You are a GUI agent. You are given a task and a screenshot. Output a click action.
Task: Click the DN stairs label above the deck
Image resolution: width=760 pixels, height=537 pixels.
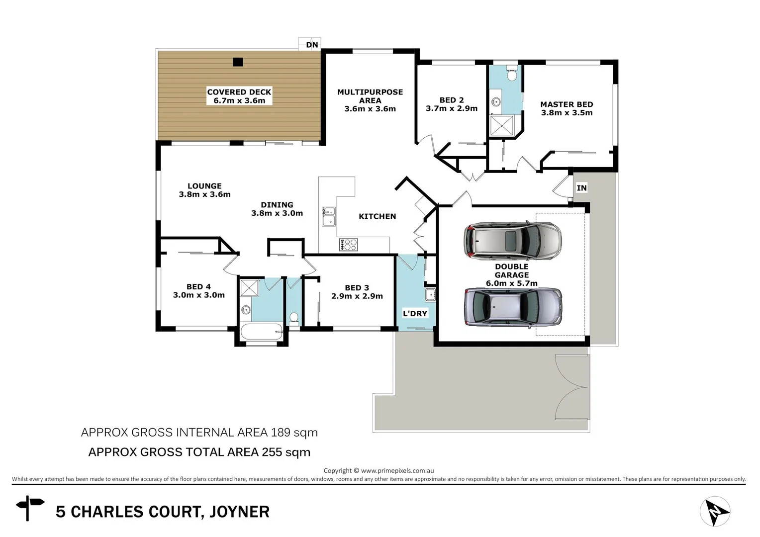pos(312,45)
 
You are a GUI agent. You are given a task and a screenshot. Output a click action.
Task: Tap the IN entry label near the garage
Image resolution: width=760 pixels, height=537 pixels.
pos(581,188)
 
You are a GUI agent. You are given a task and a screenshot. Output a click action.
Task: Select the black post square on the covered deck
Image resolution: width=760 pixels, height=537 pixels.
pos(238,62)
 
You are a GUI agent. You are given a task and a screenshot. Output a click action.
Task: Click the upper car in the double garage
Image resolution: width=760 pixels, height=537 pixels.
pos(512,241)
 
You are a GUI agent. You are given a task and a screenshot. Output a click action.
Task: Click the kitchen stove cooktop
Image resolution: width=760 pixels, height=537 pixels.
pos(349,244)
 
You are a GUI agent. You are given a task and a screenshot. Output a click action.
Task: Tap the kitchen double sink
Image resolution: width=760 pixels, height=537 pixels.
pos(328,217)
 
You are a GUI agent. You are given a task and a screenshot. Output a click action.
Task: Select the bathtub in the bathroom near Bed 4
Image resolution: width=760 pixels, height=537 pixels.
pos(261,331)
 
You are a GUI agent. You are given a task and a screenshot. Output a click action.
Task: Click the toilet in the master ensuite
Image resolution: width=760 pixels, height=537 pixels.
pos(511,75)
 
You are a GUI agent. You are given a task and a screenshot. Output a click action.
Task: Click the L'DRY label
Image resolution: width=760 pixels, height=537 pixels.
pos(415,313)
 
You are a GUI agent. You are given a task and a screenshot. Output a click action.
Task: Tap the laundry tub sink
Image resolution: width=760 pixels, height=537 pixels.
pos(430,294)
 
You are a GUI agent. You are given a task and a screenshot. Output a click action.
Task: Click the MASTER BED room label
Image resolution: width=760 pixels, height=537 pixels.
pos(567,104)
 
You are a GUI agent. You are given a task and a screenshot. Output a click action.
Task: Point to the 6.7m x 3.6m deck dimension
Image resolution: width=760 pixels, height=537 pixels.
pos(239,100)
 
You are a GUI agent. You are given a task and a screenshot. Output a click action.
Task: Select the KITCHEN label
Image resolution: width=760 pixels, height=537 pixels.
pos(377,216)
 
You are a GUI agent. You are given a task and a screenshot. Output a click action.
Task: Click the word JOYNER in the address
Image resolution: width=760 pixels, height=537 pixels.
pos(239,512)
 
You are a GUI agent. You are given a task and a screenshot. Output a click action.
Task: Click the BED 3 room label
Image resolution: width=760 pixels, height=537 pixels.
pos(357,288)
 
